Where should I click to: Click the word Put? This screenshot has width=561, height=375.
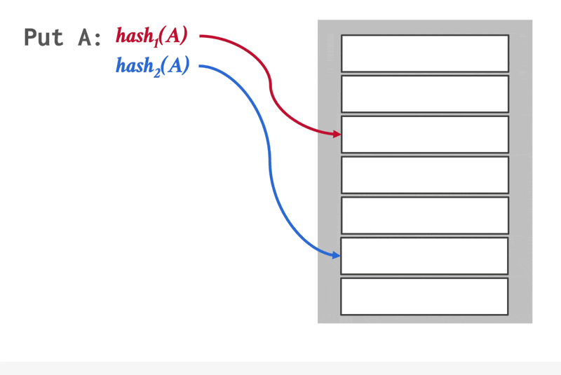44,37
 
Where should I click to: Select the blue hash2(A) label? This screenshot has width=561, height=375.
152,66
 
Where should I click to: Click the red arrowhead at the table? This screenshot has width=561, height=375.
337,133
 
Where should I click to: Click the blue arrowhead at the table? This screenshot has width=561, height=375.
337,255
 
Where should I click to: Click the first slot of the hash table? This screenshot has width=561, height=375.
424,53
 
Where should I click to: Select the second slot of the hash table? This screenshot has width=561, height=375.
424,94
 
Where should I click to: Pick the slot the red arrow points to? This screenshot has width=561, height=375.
424,134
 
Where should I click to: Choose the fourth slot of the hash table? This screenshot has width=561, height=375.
424,175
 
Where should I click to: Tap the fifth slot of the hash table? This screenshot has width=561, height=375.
424,215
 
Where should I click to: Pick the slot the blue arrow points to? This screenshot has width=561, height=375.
424,256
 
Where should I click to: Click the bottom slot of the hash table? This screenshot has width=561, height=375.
424,296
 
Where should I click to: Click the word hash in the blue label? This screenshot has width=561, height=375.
135,66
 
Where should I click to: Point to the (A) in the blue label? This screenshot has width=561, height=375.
176,66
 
